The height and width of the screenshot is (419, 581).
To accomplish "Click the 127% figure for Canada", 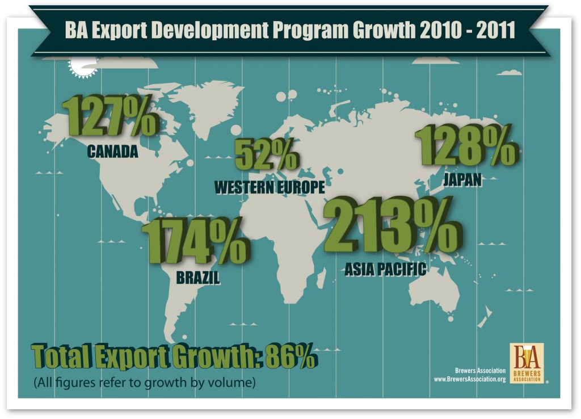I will click(x=110, y=118).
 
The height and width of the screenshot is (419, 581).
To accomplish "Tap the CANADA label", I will click(x=113, y=152).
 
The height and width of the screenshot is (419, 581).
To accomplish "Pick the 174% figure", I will click(x=194, y=242).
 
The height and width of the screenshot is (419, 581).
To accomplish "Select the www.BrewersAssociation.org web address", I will click(x=469, y=379).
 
